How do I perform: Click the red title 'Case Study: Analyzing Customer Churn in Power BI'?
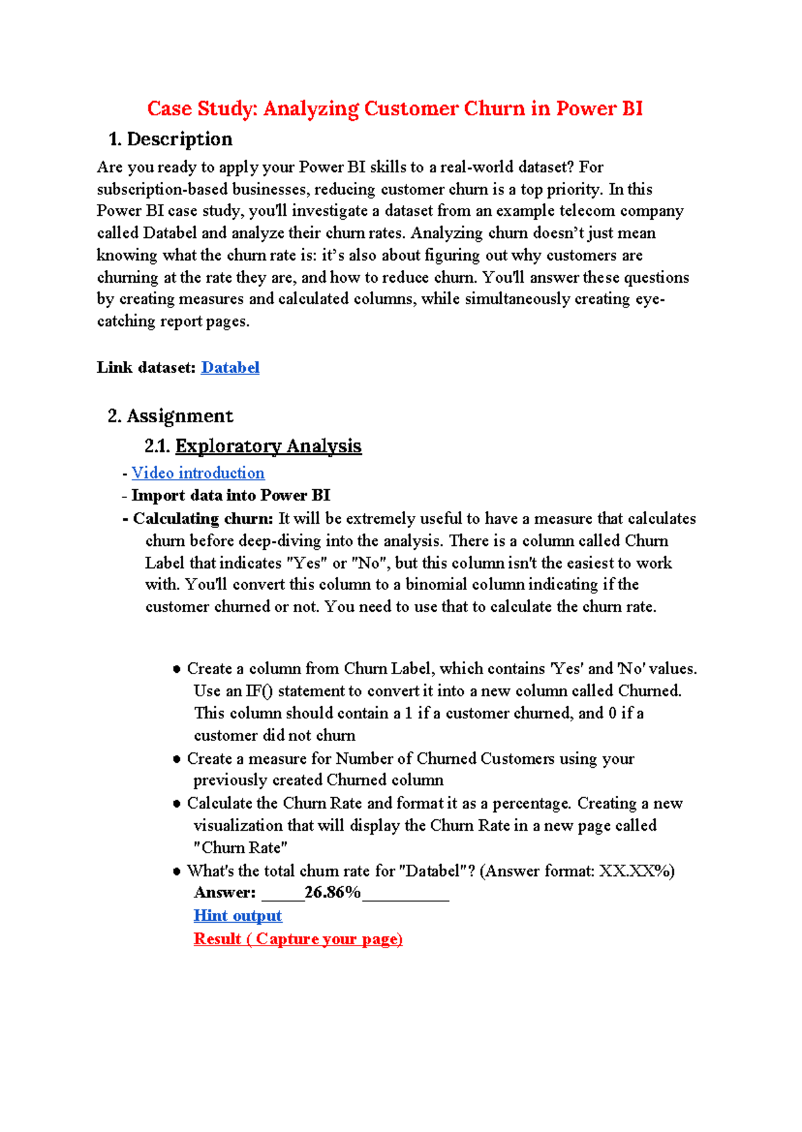point(394,108)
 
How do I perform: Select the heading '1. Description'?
point(170,139)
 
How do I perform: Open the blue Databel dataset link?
point(230,368)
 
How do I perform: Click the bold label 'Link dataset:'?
point(146,368)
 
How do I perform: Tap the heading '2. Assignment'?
point(170,416)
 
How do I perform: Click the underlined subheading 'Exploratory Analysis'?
point(268,446)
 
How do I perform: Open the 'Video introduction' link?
point(198,473)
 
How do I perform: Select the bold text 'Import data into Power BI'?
point(231,495)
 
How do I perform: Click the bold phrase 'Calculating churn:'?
point(203,519)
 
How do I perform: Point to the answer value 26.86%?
point(332,892)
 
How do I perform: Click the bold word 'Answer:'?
point(225,892)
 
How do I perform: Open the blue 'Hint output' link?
point(238,915)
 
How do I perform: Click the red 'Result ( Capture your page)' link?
point(298,939)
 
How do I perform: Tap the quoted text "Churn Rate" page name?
point(241,847)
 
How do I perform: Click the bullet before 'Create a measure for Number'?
point(177,759)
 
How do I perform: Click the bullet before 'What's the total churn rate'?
point(177,871)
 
